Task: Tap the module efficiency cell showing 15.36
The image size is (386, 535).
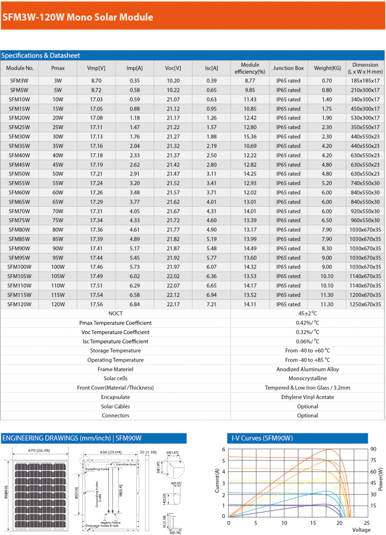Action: coord(250,136)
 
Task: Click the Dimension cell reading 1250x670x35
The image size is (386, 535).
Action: coord(365,304)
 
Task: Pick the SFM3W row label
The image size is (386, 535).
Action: coord(19,81)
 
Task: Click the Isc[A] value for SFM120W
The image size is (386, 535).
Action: coord(212,304)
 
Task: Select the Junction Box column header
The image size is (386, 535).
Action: coord(288,68)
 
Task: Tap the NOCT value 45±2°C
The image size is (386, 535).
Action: coord(308,313)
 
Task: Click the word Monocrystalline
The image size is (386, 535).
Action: coord(308,379)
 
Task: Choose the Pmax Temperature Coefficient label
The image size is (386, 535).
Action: coord(115,323)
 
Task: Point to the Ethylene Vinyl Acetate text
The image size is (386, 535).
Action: coord(308,397)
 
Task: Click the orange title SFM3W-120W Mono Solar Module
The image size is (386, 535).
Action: coord(78,17)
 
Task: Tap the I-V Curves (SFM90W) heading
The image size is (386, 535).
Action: coord(262,438)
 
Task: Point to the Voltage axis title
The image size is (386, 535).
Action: coord(361,529)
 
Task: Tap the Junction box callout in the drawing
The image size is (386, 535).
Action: coord(126,464)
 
